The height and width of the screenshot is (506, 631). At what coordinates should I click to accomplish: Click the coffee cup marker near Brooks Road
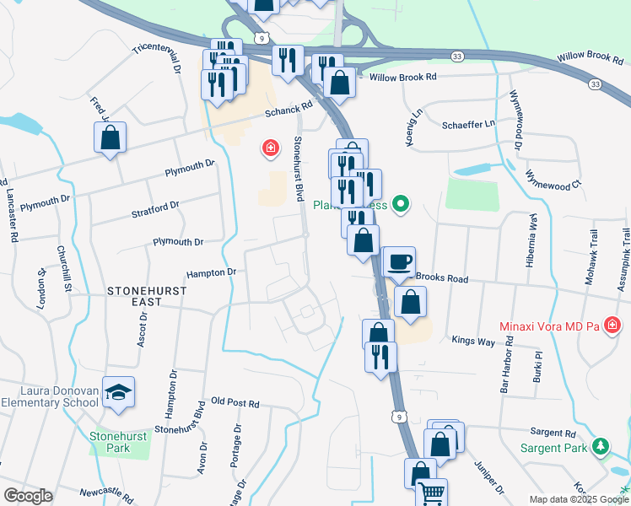399,261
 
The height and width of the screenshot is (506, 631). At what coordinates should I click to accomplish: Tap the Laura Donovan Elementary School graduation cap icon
118,391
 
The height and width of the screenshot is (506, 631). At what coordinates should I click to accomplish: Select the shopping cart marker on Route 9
432,493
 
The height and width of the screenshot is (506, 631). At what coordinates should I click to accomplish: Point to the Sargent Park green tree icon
601,446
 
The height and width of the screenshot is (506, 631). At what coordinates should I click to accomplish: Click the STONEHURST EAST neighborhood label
147,290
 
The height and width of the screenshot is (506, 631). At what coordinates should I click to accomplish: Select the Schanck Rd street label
289,110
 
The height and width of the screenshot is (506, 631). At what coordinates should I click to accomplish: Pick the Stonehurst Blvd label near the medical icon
298,169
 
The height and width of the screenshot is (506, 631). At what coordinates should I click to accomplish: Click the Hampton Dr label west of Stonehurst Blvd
212,273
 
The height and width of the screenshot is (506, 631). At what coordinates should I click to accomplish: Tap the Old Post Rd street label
235,402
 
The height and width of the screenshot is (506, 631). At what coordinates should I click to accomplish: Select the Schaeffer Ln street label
468,124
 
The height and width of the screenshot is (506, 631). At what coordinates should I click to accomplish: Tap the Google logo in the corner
28,495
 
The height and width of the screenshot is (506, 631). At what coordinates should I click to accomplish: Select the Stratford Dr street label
156,206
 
